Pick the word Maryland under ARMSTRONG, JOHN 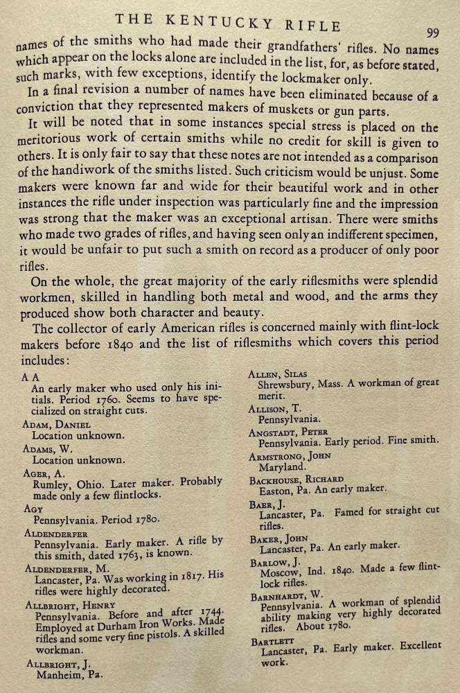point(282,467)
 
